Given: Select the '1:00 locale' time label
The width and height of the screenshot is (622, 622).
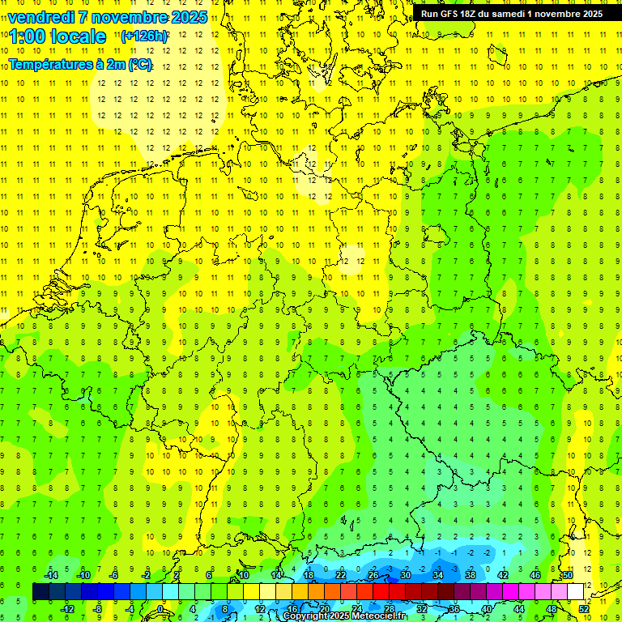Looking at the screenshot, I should tap(58, 36).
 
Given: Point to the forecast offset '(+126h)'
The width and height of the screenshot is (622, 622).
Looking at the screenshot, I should tap(144, 36).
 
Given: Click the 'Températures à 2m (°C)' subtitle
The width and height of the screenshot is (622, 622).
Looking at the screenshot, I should tap(80, 64).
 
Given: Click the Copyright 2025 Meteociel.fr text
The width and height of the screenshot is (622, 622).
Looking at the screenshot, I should tap(344, 616).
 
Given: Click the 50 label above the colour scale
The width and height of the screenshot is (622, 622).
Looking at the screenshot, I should tap(568, 575).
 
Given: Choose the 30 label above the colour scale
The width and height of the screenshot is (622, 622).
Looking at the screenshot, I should tap(405, 575).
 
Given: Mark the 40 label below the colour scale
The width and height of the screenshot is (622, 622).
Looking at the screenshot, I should tap(486, 609).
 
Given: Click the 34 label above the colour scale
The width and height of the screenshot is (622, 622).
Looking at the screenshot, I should tap(437, 575).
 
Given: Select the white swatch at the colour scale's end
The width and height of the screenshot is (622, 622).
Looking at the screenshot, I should tap(575, 592).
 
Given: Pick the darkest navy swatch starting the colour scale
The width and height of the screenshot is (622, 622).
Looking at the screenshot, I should tap(40, 592).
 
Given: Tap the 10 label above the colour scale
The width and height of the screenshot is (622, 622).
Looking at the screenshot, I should tap(243, 575).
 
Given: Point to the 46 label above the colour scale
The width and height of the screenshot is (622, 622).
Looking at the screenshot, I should tap(535, 575).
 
